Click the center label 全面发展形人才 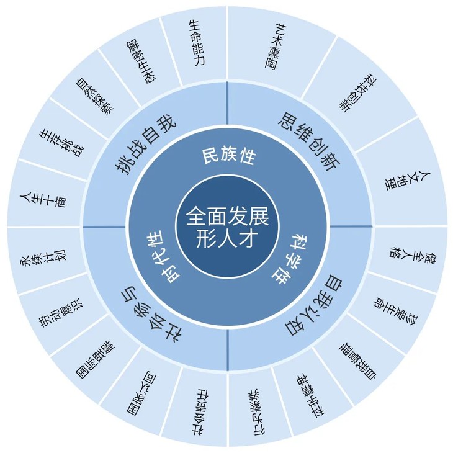coord(226,226)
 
